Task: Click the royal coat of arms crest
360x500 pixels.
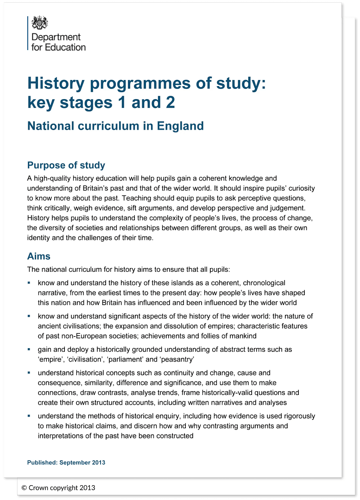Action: coord(39,23)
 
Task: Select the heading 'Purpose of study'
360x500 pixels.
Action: coord(66,165)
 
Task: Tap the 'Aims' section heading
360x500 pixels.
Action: coord(39,256)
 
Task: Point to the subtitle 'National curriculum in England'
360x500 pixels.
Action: coord(115,126)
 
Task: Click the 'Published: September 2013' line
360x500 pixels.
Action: coord(66,462)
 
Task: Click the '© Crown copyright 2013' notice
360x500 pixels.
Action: coord(58,487)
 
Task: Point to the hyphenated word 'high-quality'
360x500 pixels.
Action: coord(53,178)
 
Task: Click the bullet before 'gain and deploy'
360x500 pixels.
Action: coord(29,349)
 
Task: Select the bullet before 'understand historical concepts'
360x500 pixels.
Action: coord(29,372)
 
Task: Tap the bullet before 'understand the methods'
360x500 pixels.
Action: coord(29,416)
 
